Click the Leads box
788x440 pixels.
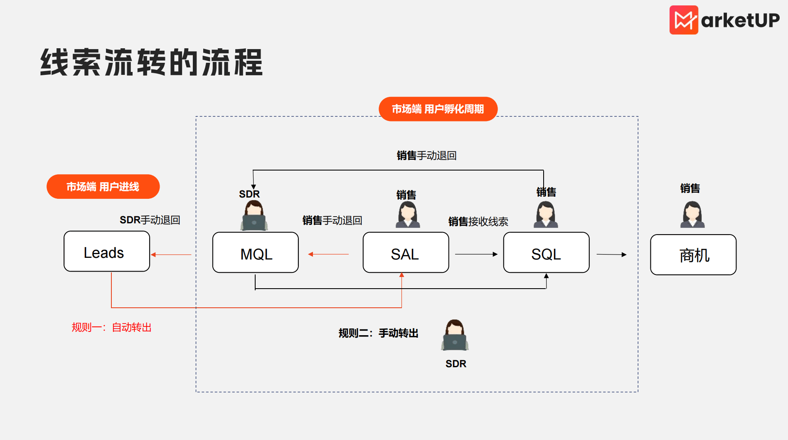coord(107,251)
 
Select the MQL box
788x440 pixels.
coord(256,252)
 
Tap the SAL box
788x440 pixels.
coord(406,252)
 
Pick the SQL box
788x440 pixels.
coord(547,252)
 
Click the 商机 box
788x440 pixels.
coord(693,255)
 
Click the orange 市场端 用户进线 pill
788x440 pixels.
coord(103,187)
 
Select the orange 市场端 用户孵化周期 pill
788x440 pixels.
coord(438,109)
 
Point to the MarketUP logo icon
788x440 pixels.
coord(684,20)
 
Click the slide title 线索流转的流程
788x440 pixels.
coord(151,62)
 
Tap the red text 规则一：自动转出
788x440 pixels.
coord(111,327)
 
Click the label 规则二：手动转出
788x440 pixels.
coord(378,333)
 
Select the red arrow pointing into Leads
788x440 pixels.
coord(171,255)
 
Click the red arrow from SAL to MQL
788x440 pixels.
coord(328,254)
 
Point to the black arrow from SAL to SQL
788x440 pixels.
coord(476,254)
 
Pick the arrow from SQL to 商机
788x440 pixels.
coord(611,254)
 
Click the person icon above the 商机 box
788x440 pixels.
coord(692,214)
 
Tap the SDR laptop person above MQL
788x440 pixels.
coord(254,215)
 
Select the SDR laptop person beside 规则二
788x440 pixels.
coord(455,335)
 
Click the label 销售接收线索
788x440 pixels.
coord(478,222)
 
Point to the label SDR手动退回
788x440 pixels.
coord(150,220)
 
